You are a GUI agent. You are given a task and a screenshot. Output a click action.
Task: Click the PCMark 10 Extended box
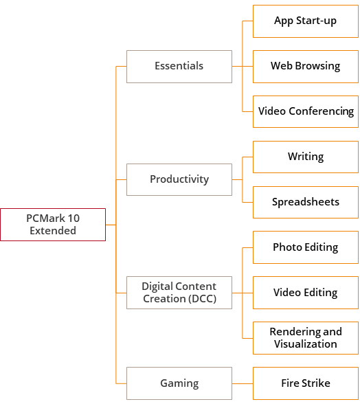[x=53, y=225]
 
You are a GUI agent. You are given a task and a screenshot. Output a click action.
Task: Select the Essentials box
[x=179, y=67]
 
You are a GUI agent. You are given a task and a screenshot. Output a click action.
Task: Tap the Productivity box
[x=179, y=179]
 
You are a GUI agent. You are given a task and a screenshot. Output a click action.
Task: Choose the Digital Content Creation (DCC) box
[x=179, y=293]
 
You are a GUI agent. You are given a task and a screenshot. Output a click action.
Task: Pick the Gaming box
[x=179, y=383]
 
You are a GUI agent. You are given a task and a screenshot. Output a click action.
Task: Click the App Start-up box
[x=306, y=21]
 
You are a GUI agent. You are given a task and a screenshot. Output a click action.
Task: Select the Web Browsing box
[x=306, y=67]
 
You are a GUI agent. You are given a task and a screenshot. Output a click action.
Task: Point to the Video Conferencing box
[x=306, y=111]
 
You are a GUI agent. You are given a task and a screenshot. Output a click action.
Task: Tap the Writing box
[x=306, y=157]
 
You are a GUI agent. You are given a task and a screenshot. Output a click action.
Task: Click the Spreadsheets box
[x=306, y=202]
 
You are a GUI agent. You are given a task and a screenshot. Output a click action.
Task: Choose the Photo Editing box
[x=306, y=247]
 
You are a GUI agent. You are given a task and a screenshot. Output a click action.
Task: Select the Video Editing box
[x=306, y=293]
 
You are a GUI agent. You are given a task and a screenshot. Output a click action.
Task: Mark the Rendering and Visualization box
[x=306, y=338]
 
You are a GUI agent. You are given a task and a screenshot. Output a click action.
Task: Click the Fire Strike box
[x=306, y=383]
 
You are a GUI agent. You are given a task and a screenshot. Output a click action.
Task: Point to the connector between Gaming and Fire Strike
[x=243, y=383]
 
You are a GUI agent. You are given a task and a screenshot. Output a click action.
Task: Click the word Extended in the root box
[x=53, y=231]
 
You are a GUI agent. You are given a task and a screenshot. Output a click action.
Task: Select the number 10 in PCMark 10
[x=74, y=218]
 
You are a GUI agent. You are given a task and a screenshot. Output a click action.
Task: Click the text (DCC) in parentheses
[x=202, y=299]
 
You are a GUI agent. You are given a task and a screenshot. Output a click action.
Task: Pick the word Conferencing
[x=321, y=111]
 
